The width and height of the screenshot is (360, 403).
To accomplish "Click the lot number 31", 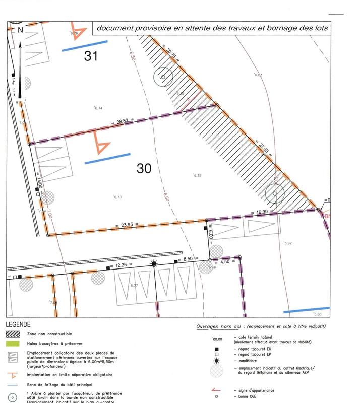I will [x=91, y=56].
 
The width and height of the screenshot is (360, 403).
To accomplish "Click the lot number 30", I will [x=144, y=168].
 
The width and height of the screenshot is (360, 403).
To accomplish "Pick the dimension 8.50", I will [x=187, y=260].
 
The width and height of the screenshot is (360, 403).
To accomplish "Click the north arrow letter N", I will [x=20, y=30].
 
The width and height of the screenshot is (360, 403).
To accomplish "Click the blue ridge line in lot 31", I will [x=84, y=46].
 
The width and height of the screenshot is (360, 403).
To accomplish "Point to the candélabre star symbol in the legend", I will [x=216, y=361].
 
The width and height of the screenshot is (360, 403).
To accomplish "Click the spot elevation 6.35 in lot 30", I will [x=198, y=175].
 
